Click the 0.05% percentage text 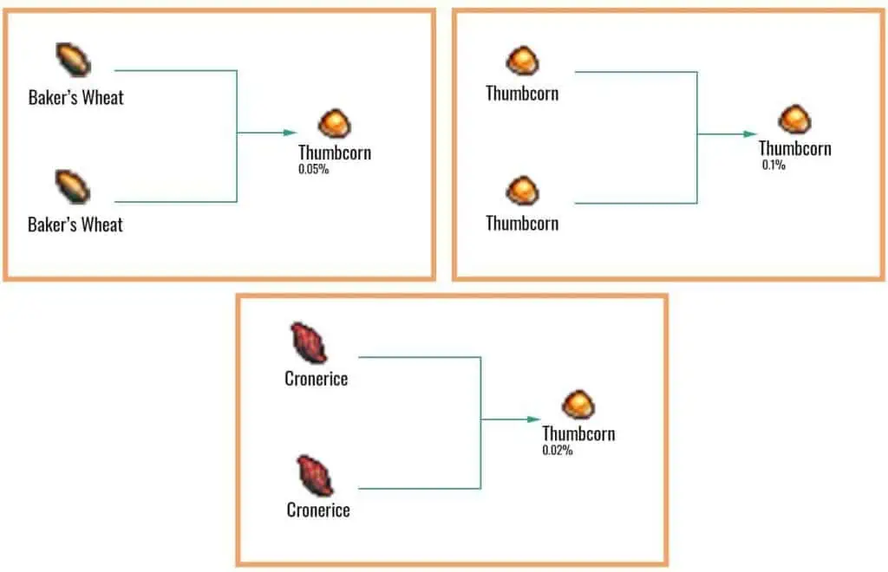tap(313, 170)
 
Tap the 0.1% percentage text tap(774, 165)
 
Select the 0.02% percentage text tap(557, 451)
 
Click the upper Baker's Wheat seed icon tap(74, 60)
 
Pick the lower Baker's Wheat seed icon tap(74, 187)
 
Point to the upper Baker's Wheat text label tap(75, 97)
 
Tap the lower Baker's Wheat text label tap(75, 225)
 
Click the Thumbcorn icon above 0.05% tap(335, 124)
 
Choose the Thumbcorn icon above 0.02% tap(578, 405)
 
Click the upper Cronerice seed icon tap(308, 342)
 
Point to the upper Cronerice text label tap(316, 379)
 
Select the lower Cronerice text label tap(318, 510)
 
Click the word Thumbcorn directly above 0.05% tap(335, 153)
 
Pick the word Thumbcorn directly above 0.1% tap(794, 148)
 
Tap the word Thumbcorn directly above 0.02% tap(578, 433)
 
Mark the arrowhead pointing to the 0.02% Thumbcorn tap(535, 419)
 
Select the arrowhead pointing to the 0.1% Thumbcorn tap(751, 134)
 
